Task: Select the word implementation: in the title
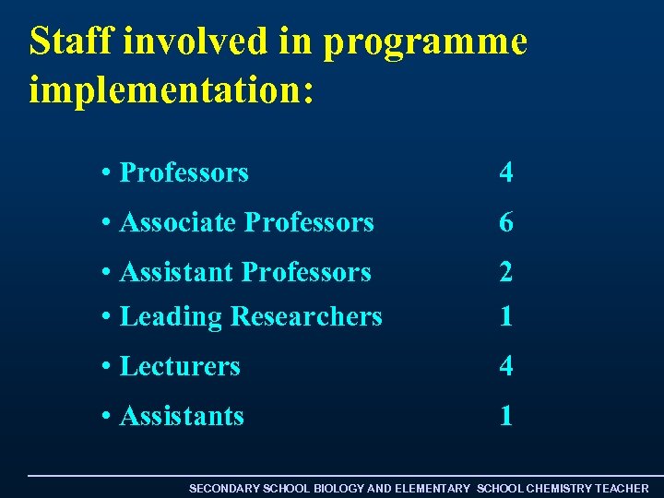click(172, 89)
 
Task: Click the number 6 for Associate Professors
click(505, 222)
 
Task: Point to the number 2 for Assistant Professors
click(505, 272)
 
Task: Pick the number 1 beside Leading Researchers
click(505, 316)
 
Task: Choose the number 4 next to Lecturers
click(505, 366)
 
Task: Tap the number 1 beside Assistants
click(505, 416)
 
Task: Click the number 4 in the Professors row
click(505, 172)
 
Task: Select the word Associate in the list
click(178, 222)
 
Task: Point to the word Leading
click(172, 317)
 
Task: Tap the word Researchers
click(306, 316)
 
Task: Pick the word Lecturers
click(180, 366)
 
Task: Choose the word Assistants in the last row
click(182, 416)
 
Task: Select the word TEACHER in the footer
click(622, 488)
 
